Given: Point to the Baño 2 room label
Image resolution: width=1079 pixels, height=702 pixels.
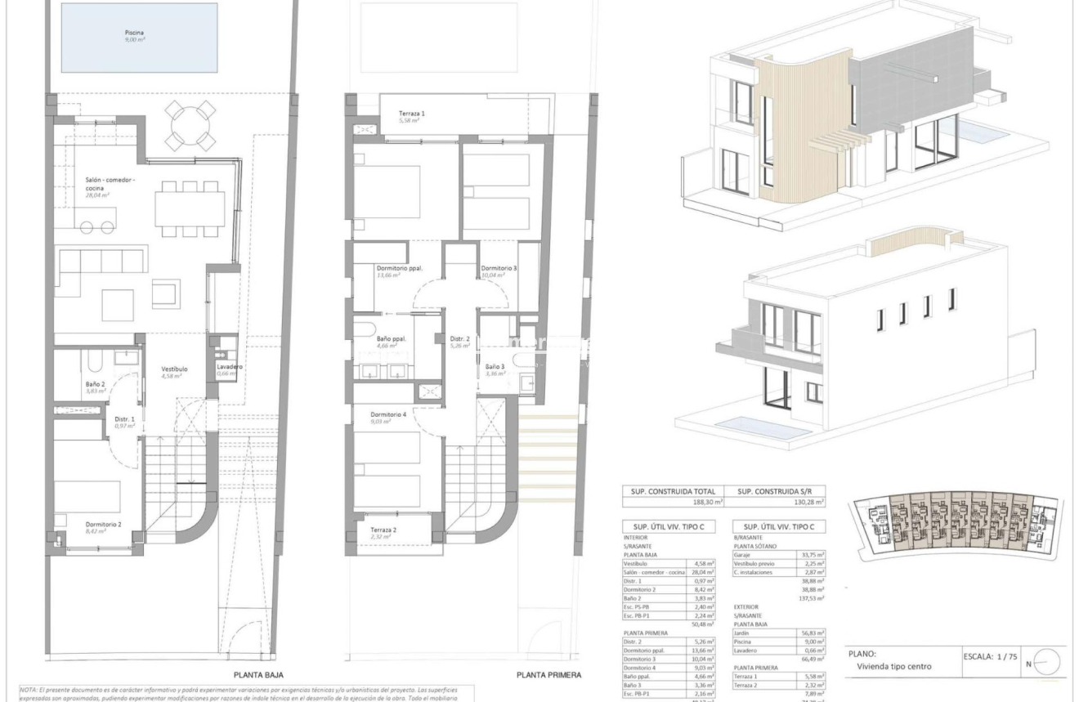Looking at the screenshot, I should pyautogui.click(x=96, y=384).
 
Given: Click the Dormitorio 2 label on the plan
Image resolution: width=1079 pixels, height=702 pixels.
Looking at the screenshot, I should pyautogui.click(x=104, y=524).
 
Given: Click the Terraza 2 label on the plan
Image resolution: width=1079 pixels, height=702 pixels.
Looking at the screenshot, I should pyautogui.click(x=383, y=530).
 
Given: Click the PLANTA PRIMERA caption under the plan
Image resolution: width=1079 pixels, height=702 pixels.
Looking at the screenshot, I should pyautogui.click(x=548, y=675).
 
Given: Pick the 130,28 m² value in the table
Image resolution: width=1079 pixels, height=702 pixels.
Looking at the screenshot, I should pyautogui.click(x=804, y=503).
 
